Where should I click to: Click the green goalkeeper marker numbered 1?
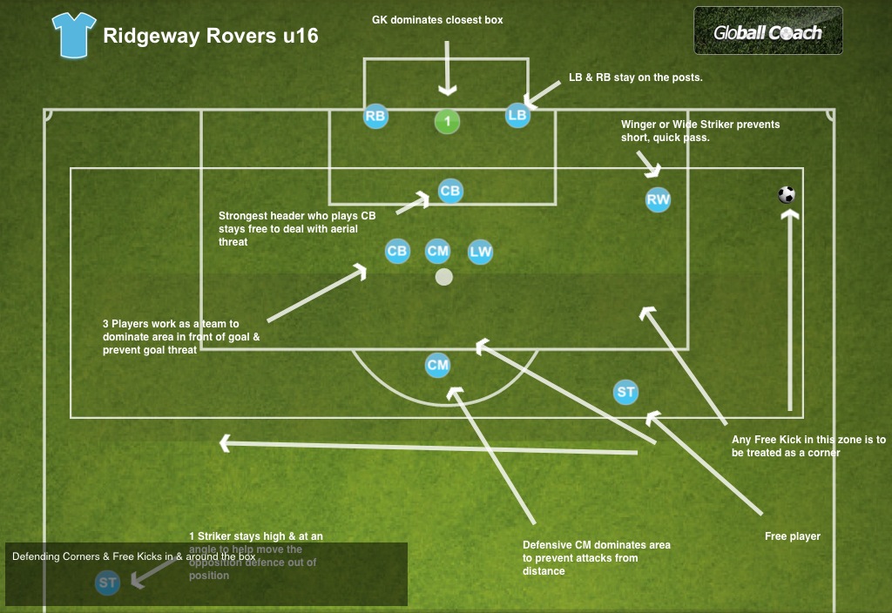tap(448, 121)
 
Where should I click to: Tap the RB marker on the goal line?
tap(375, 116)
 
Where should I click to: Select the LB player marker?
tap(517, 115)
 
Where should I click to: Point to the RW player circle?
tap(659, 200)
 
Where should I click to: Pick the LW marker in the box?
tap(481, 253)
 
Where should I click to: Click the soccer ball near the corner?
tap(787, 195)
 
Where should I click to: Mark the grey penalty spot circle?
tap(444, 277)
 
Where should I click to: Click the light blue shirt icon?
tap(73, 36)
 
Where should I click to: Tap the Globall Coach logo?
tap(767, 31)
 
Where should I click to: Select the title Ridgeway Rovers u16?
tap(211, 37)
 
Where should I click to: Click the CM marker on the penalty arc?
tap(437, 366)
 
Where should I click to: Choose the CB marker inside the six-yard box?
tap(449, 191)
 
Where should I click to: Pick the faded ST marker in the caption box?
tap(108, 583)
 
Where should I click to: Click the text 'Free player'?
tap(793, 536)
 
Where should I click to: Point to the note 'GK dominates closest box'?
tap(437, 19)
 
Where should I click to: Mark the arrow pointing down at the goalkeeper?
tap(448, 70)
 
